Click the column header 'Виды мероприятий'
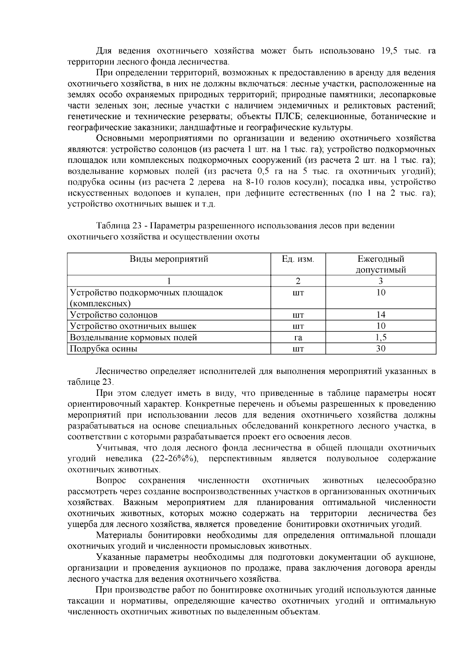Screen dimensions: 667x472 tap(169, 259)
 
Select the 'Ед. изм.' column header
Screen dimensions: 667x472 tap(298, 259)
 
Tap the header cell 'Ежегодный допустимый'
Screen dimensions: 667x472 tap(381, 264)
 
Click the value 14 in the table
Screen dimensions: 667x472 tap(381, 315)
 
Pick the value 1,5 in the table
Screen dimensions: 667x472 tap(381, 337)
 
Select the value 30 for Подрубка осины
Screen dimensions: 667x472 tap(381, 349)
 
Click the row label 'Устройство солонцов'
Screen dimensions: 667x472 tap(114, 315)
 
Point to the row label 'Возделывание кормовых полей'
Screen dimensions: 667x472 tap(133, 337)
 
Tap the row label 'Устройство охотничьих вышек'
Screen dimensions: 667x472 tap(133, 326)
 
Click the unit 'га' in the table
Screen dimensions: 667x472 tap(298, 337)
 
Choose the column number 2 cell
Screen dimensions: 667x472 tap(298, 281)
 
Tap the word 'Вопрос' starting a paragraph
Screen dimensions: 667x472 tap(111, 481)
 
